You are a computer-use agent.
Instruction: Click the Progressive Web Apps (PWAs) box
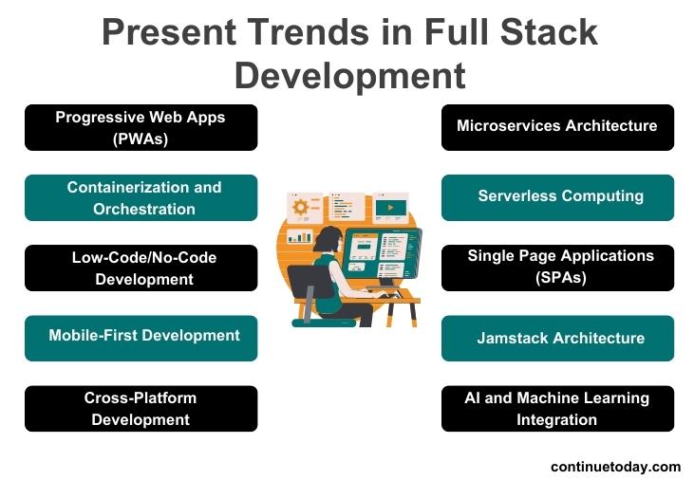141,127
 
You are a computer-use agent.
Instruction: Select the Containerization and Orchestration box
141,197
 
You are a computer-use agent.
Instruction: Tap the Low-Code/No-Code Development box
141,268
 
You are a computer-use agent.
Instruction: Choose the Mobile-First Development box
141,338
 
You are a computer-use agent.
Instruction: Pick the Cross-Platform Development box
141,408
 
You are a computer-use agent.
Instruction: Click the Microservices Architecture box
557,127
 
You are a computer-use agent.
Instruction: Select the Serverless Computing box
557,197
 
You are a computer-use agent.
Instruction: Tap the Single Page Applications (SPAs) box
557,268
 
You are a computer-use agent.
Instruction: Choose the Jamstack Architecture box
557,338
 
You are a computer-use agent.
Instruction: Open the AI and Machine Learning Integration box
557,408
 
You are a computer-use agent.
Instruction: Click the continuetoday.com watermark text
615,466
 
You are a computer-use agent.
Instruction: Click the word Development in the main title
350,74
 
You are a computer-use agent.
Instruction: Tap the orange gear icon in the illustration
302,206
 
